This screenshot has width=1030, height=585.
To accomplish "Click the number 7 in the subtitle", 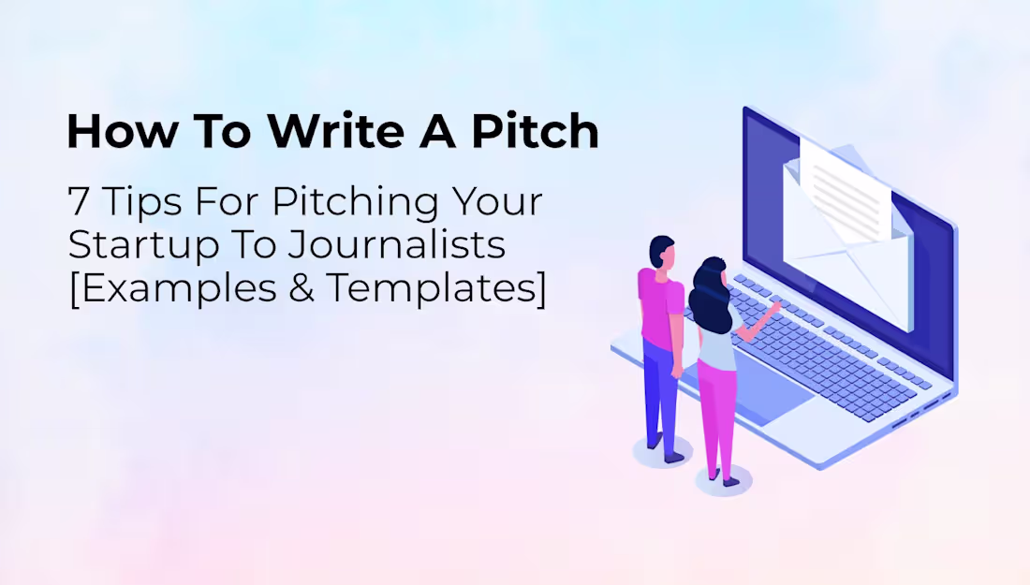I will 78,201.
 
